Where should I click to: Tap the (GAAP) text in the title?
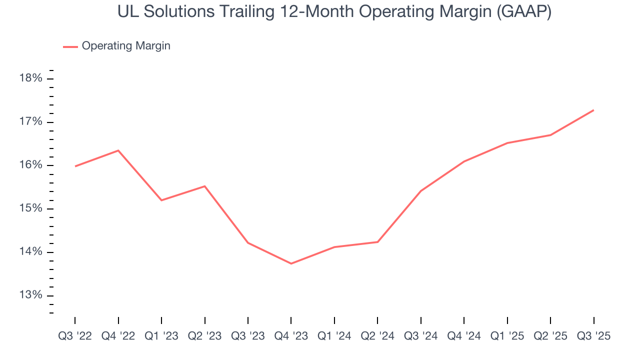[x=523, y=12]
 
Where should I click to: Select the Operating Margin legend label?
[x=126, y=46]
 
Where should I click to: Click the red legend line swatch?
[x=70, y=46]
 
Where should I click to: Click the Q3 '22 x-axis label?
[x=75, y=336]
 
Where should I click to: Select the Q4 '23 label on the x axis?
[x=291, y=336]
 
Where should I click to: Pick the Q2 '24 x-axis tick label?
[x=377, y=336]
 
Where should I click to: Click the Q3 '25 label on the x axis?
[x=593, y=336]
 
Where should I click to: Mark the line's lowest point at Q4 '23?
[x=291, y=263]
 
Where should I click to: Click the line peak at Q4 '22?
[x=118, y=150]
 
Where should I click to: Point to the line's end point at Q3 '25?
[x=593, y=110]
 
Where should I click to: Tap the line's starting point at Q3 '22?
[x=75, y=166]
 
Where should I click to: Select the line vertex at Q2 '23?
[x=204, y=186]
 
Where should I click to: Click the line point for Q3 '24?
[x=420, y=191]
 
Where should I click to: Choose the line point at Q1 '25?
[x=507, y=143]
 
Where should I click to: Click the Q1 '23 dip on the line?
[x=161, y=200]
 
